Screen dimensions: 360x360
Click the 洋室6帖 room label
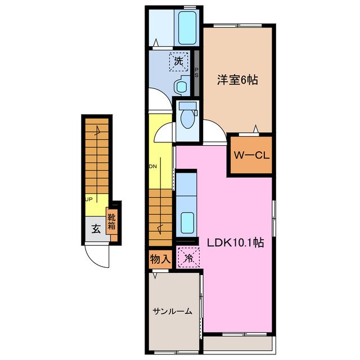coord(238,80)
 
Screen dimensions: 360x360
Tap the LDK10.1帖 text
coord(235,244)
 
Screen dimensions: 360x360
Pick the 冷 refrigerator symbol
coord(187,258)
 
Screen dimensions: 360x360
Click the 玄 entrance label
coord(96,229)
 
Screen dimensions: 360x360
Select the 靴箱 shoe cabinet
coord(112,222)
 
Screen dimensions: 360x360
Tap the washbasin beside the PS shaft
coord(181,87)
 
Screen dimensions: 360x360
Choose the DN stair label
coord(152,166)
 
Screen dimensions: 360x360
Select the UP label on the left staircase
coord(89,199)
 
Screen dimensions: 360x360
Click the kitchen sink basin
coord(186,221)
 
